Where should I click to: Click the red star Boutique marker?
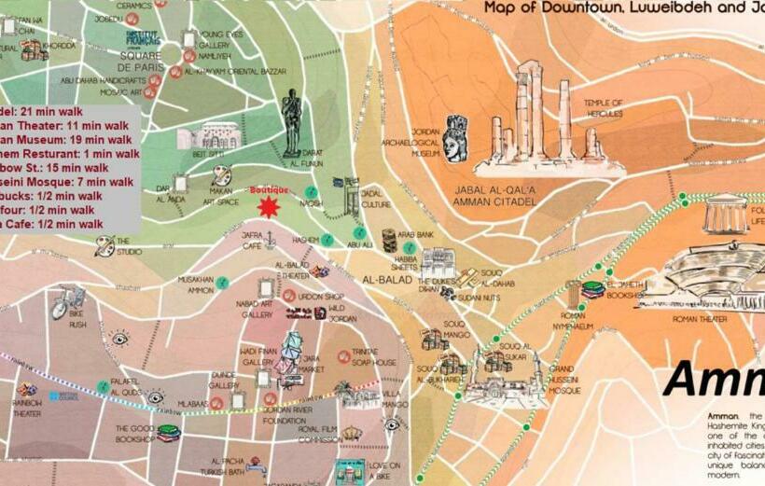pyautogui.click(x=269, y=206)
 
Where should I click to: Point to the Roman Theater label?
pyautogui.click(x=700, y=319)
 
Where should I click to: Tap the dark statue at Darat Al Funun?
pyautogui.click(x=292, y=122)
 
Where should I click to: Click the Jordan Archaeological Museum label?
pyautogui.click(x=425, y=143)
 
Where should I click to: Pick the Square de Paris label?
pyautogui.click(x=141, y=61)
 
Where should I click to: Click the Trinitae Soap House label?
pyautogui.click(x=373, y=357)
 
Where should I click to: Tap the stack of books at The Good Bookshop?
pyautogui.click(x=168, y=433)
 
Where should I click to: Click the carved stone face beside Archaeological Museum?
pyautogui.click(x=456, y=139)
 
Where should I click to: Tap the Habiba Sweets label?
pyautogui.click(x=404, y=263)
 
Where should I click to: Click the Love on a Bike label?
pyautogui.click(x=383, y=470)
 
